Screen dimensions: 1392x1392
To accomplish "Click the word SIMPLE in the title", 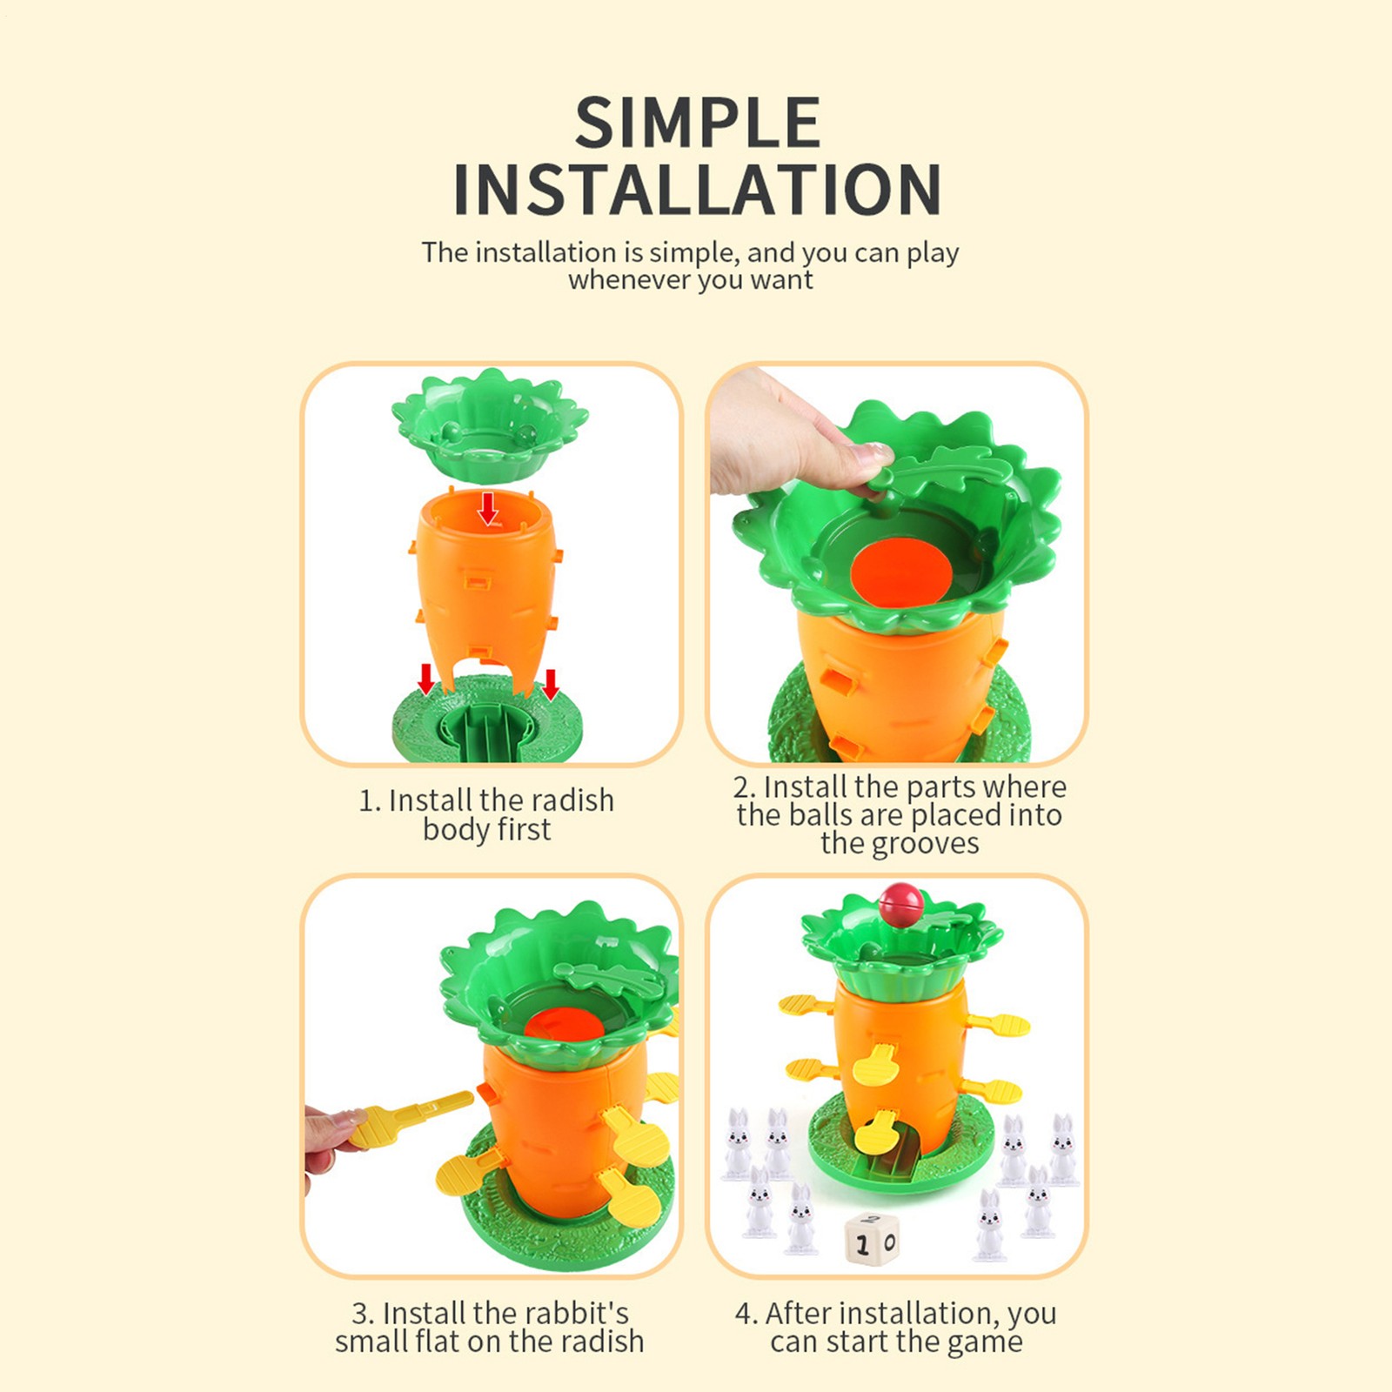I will tap(697, 123).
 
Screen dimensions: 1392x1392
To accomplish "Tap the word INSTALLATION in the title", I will tap(697, 190).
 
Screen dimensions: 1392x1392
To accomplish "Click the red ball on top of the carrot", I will tap(900, 905).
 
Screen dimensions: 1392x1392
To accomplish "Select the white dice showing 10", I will tap(871, 1241).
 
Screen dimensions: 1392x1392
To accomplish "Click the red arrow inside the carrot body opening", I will tap(488, 508).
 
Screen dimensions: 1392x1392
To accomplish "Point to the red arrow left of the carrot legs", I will tap(425, 679).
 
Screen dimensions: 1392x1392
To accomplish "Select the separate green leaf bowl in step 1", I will tap(489, 426).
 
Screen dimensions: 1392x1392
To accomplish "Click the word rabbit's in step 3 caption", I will tap(575, 1313).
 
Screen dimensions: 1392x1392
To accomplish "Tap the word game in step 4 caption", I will tap(985, 1342).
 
